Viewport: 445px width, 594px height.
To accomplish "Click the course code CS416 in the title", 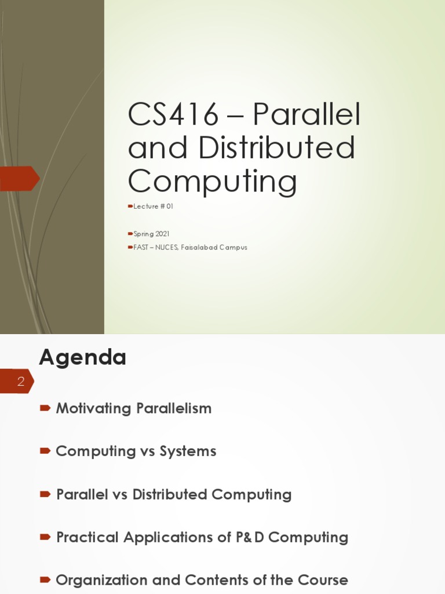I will (173, 115).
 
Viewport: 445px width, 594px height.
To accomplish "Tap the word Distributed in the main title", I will (276, 148).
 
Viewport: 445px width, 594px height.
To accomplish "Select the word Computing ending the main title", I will (212, 181).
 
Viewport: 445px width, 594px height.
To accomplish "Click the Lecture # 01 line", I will (153, 207).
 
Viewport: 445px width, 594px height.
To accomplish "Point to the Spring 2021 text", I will (151, 234).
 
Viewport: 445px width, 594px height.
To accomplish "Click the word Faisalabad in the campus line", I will (200, 247).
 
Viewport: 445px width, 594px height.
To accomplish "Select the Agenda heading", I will (82, 357).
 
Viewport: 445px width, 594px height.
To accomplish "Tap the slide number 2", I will (21, 382).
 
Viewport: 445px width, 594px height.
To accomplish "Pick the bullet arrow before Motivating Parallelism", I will (45, 408).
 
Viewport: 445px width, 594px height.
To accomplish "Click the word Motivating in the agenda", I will (93, 408).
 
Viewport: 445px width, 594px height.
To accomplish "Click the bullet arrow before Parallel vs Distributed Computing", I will (45, 494).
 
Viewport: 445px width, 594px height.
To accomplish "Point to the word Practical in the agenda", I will (87, 537).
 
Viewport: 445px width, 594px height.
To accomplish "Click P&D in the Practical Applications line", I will (250, 537).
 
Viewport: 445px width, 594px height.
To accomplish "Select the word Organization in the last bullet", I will (101, 580).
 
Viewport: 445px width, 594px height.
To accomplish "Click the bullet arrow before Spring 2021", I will (130, 234).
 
